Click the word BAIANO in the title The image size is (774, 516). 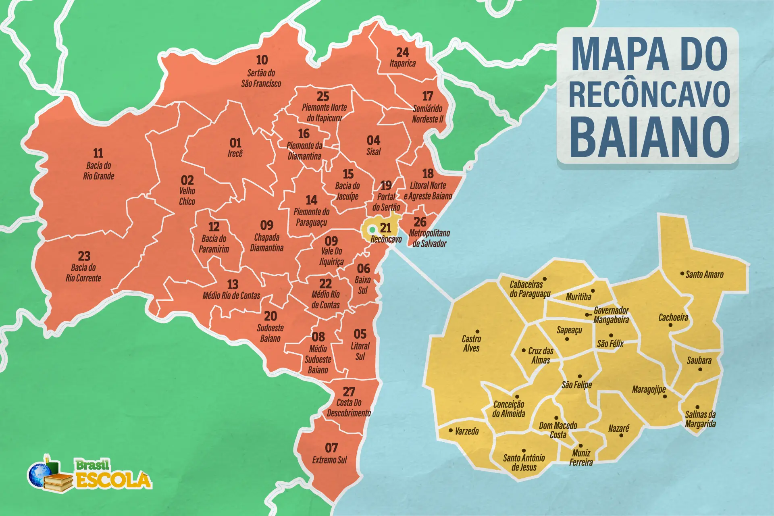[x=649, y=137]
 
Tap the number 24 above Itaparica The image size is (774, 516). [x=402, y=52]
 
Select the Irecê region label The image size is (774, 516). [x=235, y=154]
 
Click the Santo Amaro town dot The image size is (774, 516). [x=682, y=274]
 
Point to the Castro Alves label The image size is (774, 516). [x=471, y=343]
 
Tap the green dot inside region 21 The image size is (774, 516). [x=372, y=230]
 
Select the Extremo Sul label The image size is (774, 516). [x=329, y=460]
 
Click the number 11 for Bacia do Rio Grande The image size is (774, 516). [x=98, y=153]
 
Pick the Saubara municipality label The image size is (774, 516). [x=699, y=360]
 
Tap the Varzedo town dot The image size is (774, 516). [x=451, y=431]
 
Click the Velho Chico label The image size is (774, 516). [x=187, y=196]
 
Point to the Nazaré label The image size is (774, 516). [x=618, y=428]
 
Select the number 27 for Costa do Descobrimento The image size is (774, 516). [x=349, y=392]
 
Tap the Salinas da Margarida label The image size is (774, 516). [x=700, y=419]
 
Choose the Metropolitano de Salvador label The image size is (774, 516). [x=429, y=238]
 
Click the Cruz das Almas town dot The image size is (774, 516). [x=524, y=350]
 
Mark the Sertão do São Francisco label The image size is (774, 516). [x=261, y=78]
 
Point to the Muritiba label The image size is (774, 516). [x=578, y=297]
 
